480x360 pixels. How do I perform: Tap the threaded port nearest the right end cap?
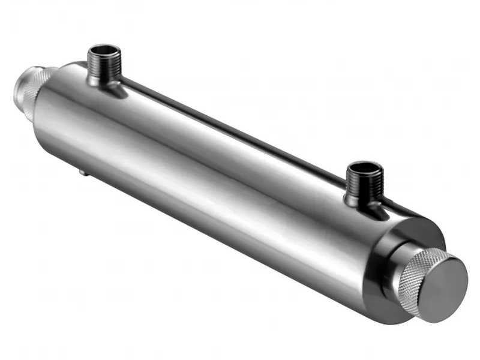[364, 182]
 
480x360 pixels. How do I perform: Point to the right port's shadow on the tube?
[384, 210]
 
